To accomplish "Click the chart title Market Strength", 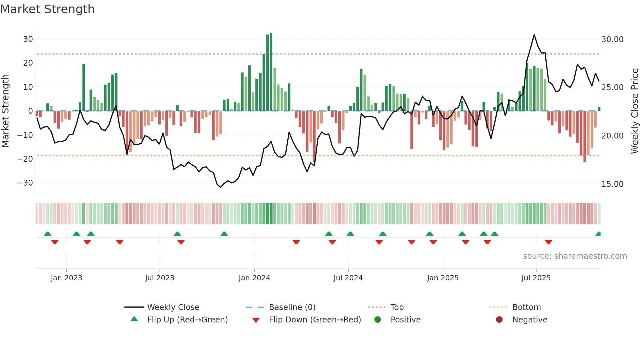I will (x=47, y=9).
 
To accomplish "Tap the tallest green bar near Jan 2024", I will (x=271, y=72).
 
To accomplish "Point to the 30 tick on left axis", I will (x=28, y=39).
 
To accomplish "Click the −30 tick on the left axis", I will (x=25, y=183).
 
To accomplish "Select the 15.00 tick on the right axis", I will (x=612, y=184).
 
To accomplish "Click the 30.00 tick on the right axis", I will (x=612, y=40).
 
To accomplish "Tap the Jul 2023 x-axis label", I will (x=160, y=278).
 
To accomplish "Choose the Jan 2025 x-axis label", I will (x=443, y=278).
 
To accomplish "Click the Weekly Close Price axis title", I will (x=634, y=111).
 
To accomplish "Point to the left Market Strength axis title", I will (x=6, y=111).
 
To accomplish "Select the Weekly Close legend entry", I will (x=173, y=307).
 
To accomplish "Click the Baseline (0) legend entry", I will (x=292, y=307).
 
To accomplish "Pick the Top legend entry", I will (x=397, y=307).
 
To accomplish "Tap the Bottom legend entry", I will (x=526, y=307).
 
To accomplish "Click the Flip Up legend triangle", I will (x=134, y=319).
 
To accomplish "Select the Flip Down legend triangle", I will (x=256, y=320).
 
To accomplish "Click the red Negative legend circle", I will (x=499, y=319).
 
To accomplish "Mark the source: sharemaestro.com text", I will (x=575, y=256).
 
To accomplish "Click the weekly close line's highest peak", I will (x=534, y=35).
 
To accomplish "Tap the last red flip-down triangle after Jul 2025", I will (x=549, y=242).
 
